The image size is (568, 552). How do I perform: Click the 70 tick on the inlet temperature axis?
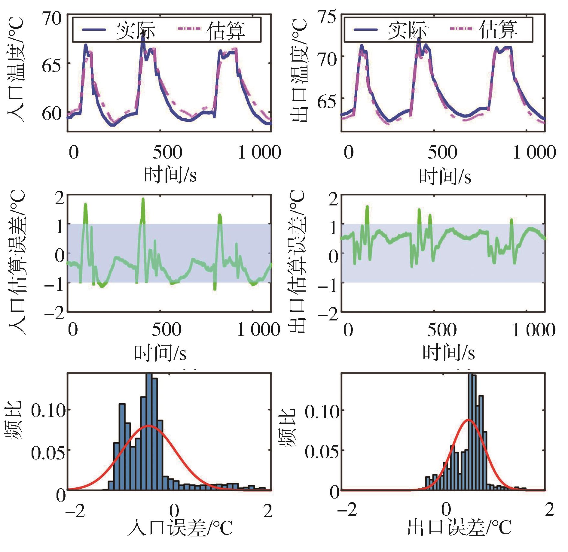52,19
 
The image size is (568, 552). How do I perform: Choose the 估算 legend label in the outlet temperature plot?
498,29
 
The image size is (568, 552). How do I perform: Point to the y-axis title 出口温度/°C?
300,70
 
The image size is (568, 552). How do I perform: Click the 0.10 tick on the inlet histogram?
48,410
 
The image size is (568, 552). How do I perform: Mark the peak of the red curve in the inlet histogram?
149,426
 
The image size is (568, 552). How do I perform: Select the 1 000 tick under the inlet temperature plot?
259,152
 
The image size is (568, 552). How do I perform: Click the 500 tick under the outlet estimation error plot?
442,330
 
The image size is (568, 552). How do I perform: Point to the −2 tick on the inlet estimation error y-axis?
54,314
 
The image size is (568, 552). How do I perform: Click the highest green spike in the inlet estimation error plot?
143,199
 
